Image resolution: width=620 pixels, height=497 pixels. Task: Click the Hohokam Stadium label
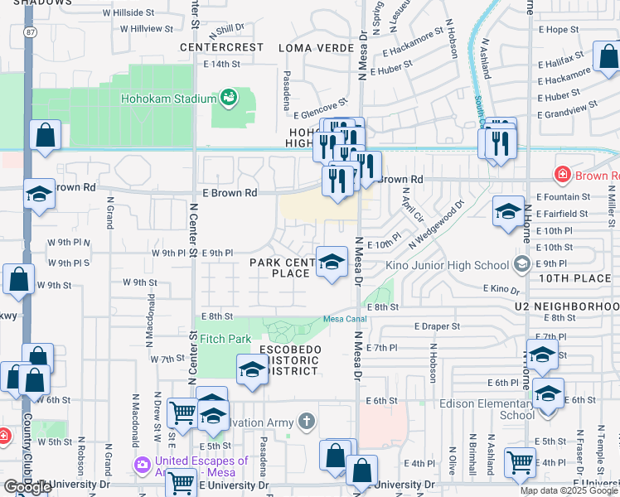tap(169, 99)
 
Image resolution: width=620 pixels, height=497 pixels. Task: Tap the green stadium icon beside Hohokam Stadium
tap(228, 99)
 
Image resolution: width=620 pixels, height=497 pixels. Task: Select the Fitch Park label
tap(225, 339)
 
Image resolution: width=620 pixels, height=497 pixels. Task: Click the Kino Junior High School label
tap(448, 265)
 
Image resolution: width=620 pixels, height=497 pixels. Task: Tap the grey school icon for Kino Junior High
tap(521, 265)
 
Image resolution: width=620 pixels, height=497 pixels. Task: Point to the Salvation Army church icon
tap(307, 422)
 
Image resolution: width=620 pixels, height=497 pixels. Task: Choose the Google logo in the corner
tap(27, 487)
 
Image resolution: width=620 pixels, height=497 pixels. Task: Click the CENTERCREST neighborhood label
tap(222, 47)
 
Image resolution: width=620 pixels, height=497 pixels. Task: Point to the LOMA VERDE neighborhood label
tap(311, 48)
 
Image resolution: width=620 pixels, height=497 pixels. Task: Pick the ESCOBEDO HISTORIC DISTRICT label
tap(290, 360)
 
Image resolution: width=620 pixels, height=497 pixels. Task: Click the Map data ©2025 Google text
tap(569, 490)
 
